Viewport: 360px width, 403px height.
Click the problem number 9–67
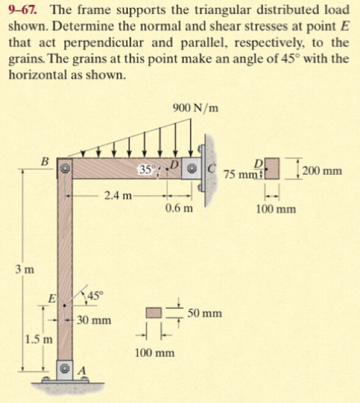coord(23,10)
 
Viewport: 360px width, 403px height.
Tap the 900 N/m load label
coord(196,108)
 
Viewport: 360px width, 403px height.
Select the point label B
coord(45,162)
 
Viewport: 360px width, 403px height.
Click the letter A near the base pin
coord(82,371)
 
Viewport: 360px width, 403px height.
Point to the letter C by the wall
coord(211,169)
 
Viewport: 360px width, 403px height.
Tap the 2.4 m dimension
coord(118,196)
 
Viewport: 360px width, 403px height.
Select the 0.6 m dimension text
coord(179,208)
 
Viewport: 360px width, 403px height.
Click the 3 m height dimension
coord(24,270)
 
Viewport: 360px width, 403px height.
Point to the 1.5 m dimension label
coord(39,340)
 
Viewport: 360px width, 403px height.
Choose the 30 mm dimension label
coord(94,320)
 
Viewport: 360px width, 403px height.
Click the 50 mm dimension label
coord(205,314)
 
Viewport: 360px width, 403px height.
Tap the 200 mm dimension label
coord(322,170)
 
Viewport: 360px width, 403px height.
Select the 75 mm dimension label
coord(241,175)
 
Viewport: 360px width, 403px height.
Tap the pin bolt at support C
coord(191,169)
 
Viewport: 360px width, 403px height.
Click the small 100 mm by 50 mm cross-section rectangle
coord(154,313)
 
